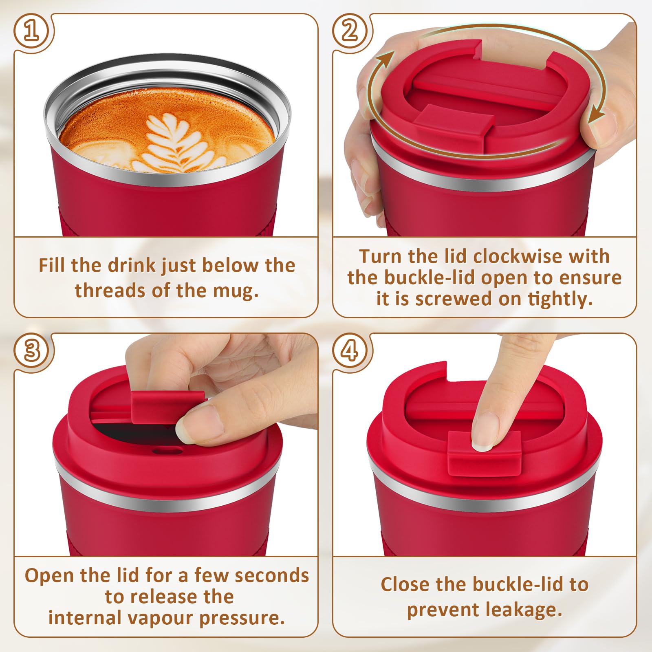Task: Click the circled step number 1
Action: click(x=32, y=31)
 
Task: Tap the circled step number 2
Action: click(x=349, y=31)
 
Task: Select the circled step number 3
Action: click(x=32, y=350)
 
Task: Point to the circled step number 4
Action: click(x=349, y=350)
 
